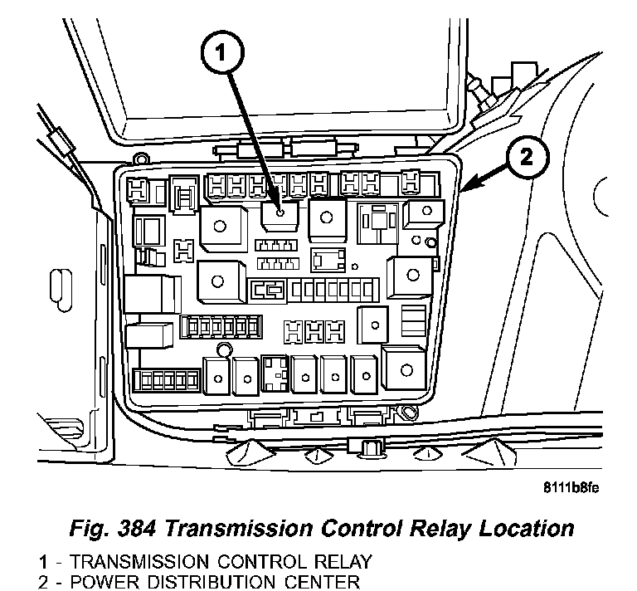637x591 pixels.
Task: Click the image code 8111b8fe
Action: pos(572,487)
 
